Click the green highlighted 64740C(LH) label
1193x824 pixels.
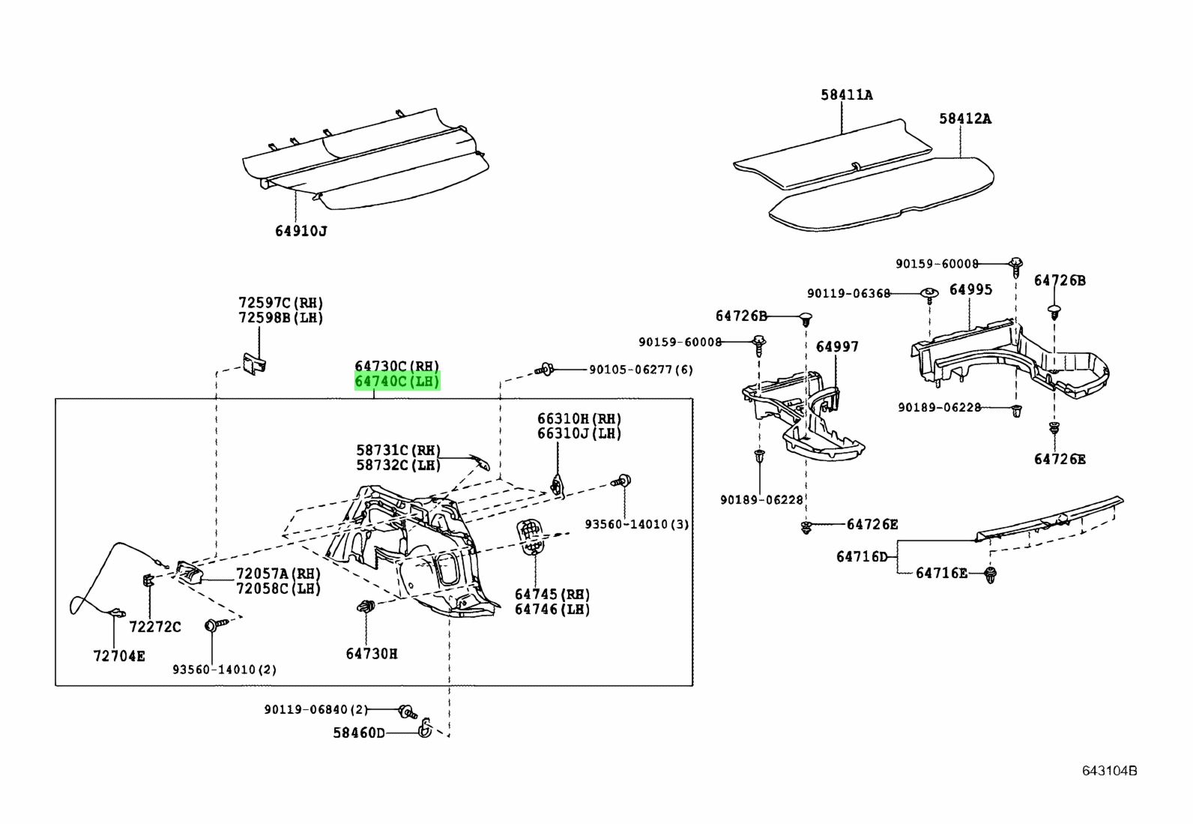(397, 382)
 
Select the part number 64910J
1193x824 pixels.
(301, 231)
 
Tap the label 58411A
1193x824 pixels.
(846, 95)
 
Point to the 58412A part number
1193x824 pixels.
(965, 118)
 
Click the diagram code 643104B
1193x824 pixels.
(1109, 771)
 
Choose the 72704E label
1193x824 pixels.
(118, 655)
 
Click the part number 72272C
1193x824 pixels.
(155, 627)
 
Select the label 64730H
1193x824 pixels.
(372, 654)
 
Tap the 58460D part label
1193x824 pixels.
(358, 733)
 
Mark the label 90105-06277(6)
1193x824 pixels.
(641, 370)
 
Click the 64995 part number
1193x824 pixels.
(971, 289)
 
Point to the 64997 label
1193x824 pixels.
(837, 346)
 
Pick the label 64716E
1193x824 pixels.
(942, 573)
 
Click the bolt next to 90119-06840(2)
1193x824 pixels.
(408, 712)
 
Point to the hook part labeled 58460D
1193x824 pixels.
(424, 727)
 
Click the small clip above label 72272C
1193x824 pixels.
(148, 580)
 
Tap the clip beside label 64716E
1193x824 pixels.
(991, 574)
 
